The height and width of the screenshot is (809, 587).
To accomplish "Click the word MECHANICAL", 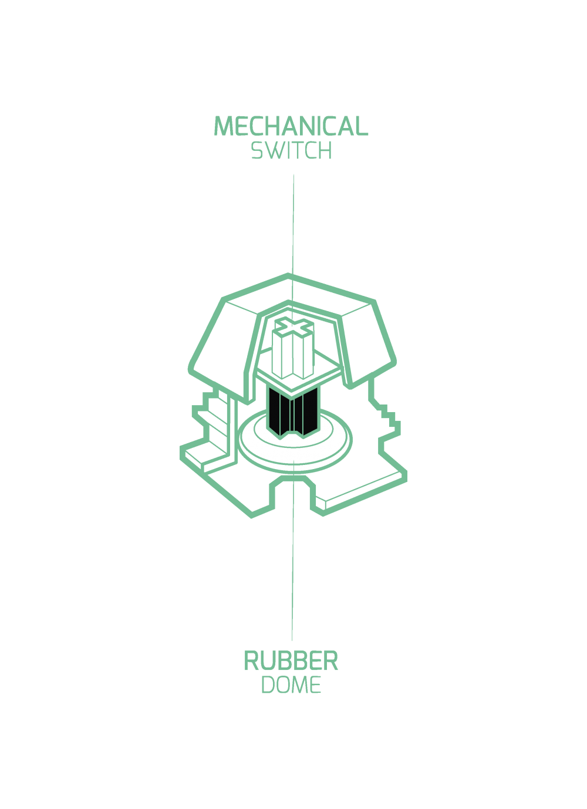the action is click(291, 126).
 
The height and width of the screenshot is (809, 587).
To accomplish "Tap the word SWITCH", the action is click(291, 150).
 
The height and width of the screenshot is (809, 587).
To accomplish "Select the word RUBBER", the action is click(291, 660).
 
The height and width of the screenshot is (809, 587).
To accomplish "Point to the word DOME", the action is click(291, 685).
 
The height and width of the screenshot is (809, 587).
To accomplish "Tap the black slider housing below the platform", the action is click(293, 411).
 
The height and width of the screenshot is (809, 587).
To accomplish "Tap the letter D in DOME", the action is click(268, 685).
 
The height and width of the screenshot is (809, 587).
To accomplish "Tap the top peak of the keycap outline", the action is click(289, 275).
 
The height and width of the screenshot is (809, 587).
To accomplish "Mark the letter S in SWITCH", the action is click(257, 150).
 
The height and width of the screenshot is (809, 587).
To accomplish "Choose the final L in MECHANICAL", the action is click(362, 126).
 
